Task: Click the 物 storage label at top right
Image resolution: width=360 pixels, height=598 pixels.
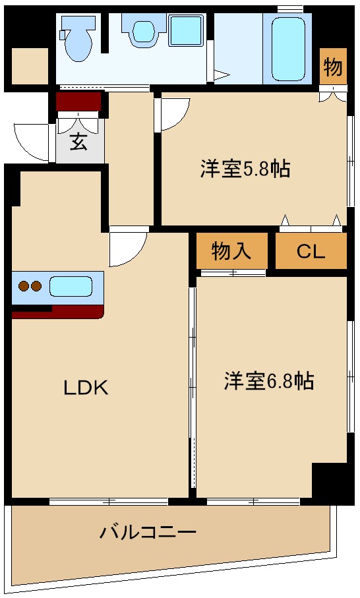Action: (x=333, y=67)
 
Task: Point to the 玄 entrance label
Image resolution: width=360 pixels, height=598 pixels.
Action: (x=79, y=142)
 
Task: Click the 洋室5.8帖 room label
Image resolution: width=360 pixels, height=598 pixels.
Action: (x=245, y=169)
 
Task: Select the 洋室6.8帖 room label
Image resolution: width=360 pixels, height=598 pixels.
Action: (x=268, y=381)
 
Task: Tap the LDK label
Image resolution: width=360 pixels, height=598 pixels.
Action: (x=85, y=388)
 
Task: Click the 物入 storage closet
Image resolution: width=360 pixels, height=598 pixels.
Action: (x=231, y=251)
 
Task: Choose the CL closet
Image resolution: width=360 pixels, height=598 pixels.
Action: (x=311, y=251)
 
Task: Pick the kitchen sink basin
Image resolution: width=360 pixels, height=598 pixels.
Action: (x=70, y=287)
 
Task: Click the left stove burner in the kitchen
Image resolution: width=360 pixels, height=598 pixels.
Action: (x=24, y=287)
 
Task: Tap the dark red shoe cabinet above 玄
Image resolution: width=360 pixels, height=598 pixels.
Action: (x=78, y=102)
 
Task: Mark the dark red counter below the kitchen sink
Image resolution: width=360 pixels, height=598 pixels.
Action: (x=58, y=311)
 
